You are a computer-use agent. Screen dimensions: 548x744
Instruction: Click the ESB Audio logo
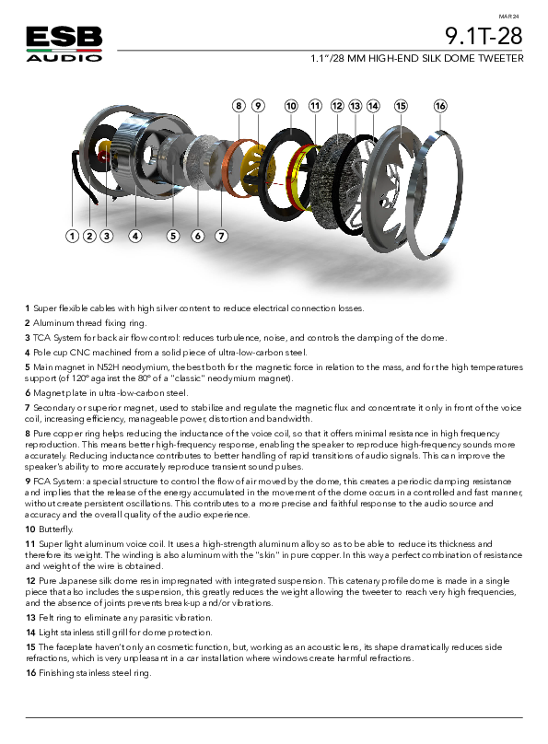pos(64,44)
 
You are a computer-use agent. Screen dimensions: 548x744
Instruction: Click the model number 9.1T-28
pos(484,36)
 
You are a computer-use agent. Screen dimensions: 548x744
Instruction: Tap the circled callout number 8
pos(239,106)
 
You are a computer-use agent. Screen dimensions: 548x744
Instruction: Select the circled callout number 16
pos(440,106)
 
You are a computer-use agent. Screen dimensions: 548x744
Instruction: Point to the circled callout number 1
pos(72,236)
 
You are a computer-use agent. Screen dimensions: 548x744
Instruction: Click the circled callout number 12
pos(337,106)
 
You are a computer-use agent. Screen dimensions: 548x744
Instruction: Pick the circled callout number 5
pos(173,236)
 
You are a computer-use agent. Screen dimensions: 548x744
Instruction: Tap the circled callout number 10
pos(291,106)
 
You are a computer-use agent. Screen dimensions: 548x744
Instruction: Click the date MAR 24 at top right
pos(509,17)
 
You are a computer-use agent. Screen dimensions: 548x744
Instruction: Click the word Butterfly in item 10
pos(56,529)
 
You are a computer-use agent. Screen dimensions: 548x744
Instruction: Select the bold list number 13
pos(30,618)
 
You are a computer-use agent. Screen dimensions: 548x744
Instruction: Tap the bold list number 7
pos(28,408)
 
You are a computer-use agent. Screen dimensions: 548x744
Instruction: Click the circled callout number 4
pos(135,236)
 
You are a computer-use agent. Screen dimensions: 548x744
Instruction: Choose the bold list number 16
pos(30,673)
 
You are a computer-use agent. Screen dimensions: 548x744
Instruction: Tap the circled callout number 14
pos(373,106)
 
